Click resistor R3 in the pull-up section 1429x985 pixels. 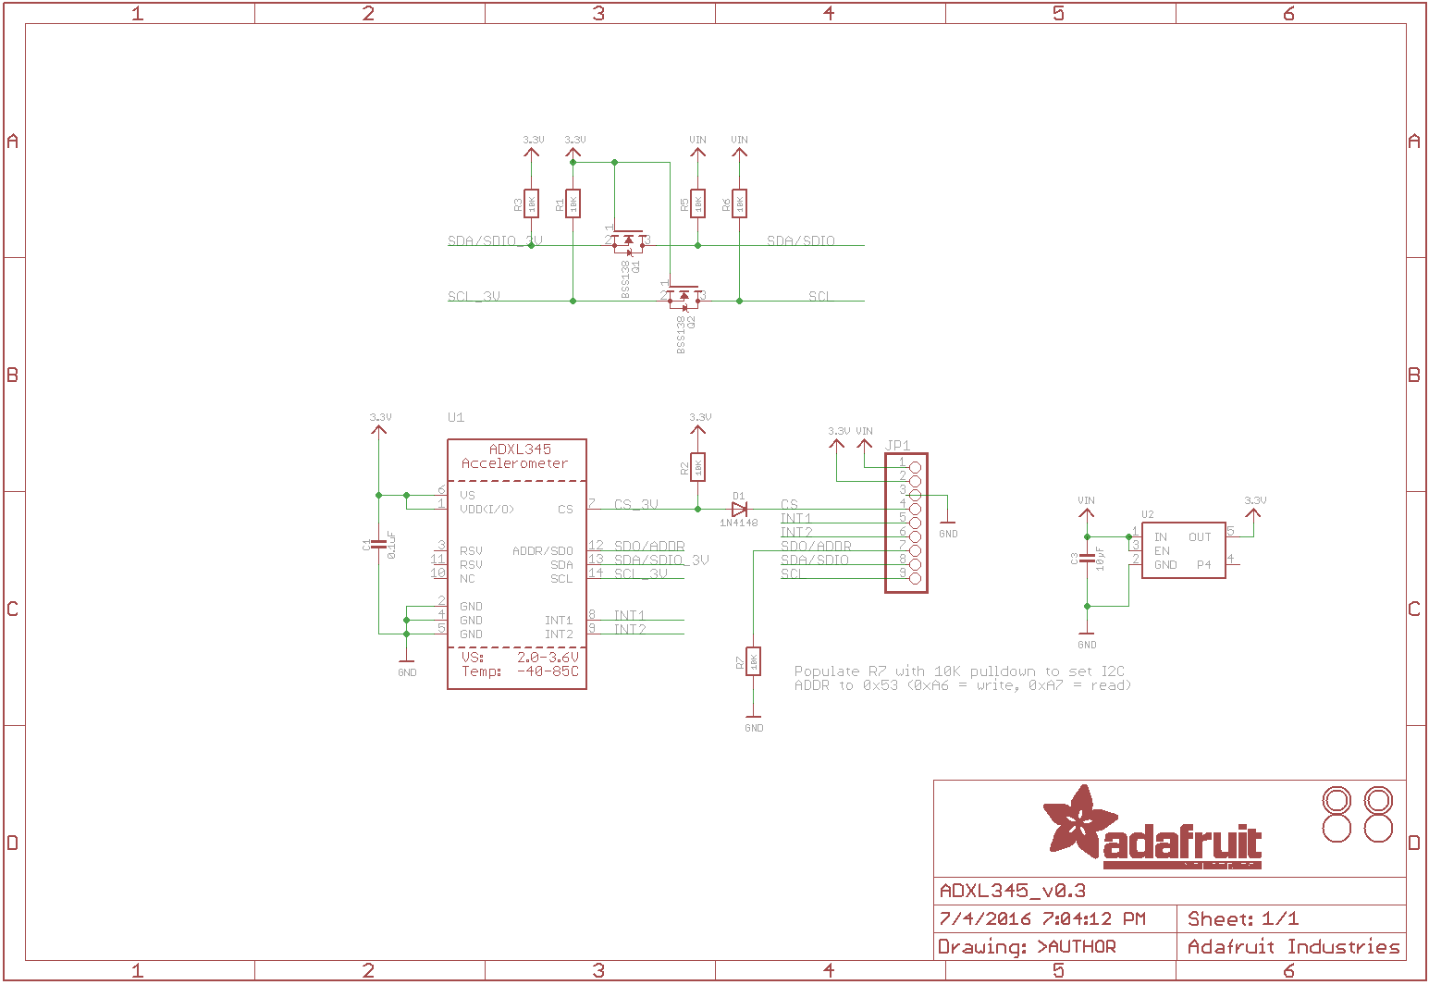[x=531, y=203]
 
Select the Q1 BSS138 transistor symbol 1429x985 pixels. [x=629, y=241]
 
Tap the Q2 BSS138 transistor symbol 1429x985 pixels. [x=684, y=297]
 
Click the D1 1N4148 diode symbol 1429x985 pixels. [x=739, y=509]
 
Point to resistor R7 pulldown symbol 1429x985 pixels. [x=754, y=661]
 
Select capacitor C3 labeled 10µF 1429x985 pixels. [x=1088, y=559]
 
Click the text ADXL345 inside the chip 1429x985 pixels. [x=520, y=449]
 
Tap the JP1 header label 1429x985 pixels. [x=897, y=446]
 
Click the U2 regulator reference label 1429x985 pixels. [x=1148, y=515]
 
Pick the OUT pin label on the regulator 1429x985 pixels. [x=1200, y=537]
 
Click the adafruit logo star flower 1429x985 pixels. [x=1078, y=820]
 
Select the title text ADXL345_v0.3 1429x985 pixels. [x=1013, y=891]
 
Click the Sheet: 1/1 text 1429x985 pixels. [x=1243, y=919]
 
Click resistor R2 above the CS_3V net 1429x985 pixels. [x=698, y=467]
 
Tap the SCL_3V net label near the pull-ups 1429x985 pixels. [x=474, y=297]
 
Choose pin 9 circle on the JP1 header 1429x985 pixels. [x=916, y=578]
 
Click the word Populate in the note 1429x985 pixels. [x=827, y=671]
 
